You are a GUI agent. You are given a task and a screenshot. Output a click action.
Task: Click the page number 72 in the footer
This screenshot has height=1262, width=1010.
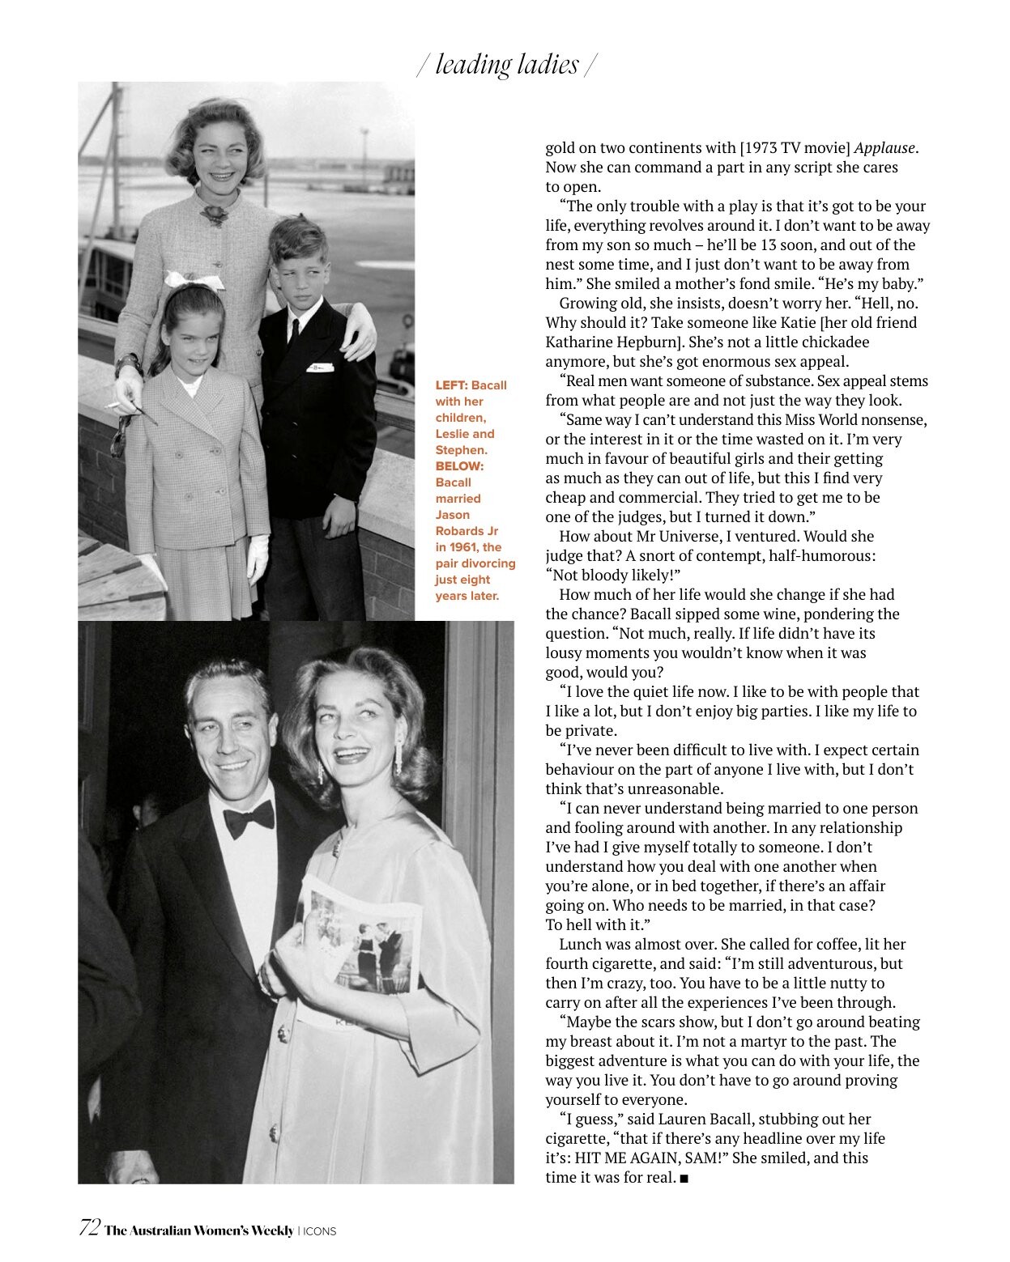[89, 1228]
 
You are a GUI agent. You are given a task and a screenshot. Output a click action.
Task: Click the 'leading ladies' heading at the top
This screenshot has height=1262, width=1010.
[507, 65]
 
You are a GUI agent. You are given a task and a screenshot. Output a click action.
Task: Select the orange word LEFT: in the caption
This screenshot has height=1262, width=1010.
[451, 385]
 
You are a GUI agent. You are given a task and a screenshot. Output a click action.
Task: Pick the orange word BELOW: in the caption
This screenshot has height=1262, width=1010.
[459, 466]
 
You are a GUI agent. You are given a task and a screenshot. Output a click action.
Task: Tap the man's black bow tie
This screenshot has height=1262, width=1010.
[249, 819]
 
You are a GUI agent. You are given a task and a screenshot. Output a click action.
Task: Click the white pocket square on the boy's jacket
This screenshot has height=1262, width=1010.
[319, 368]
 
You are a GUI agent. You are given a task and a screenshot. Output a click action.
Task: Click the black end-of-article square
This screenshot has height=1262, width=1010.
[684, 1179]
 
